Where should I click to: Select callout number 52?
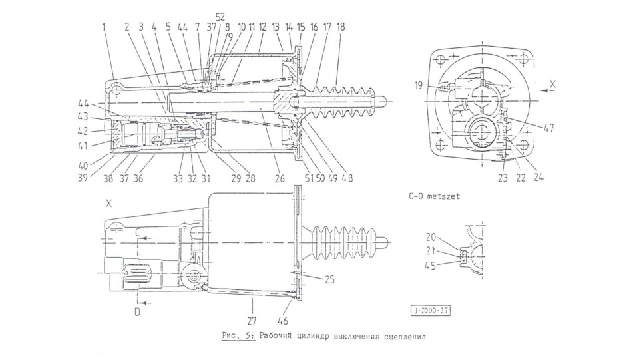[220, 15]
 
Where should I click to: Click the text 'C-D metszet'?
[433, 196]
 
